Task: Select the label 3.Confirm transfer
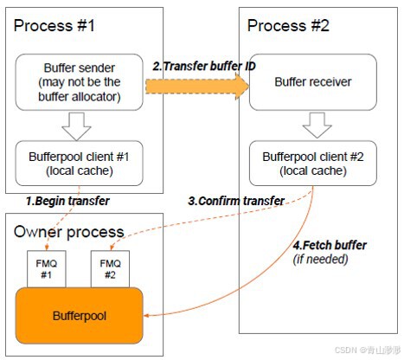[x=236, y=201]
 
